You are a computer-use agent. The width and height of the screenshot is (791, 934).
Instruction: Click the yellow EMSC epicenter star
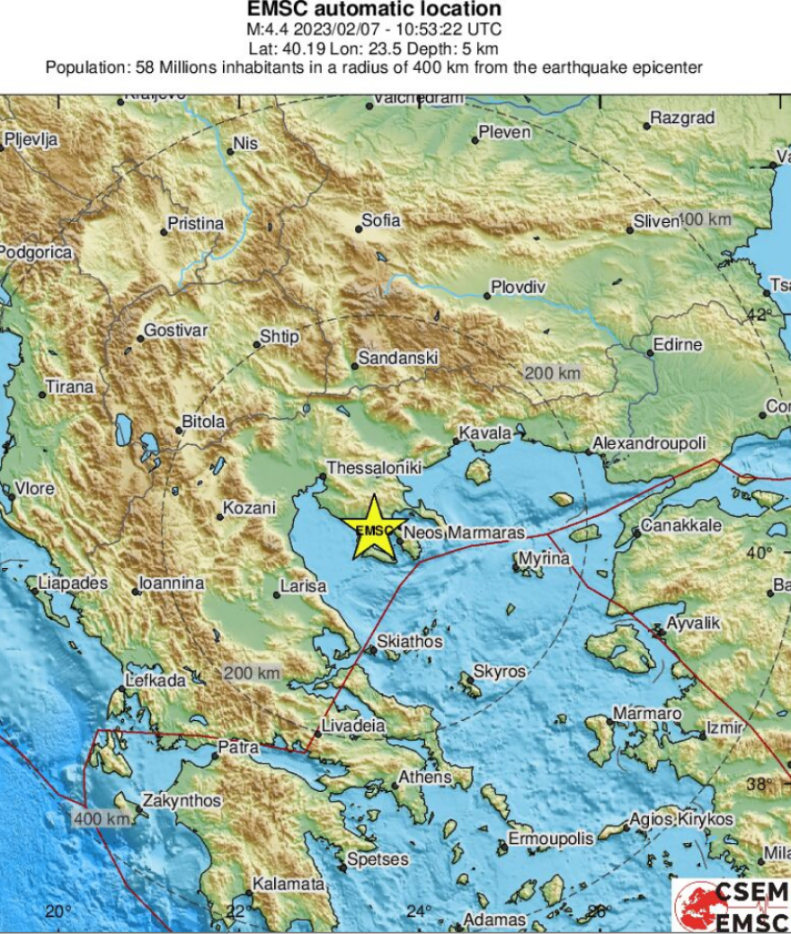375,530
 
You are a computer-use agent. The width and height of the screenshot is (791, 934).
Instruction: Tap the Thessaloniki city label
373,468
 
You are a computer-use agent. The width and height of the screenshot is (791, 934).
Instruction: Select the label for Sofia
381,219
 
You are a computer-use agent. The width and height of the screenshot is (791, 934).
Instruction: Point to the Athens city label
424,776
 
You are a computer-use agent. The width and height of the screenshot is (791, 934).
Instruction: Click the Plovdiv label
517,288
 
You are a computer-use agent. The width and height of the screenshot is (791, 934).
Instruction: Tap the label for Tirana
70,387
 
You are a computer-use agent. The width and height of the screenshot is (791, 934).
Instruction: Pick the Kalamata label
288,885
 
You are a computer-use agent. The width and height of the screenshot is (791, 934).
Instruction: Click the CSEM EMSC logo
731,905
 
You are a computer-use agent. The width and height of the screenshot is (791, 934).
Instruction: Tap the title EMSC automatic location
374,9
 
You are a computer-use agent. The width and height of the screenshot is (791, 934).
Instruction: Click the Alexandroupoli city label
649,444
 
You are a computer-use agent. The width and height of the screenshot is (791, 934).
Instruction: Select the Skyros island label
499,672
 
